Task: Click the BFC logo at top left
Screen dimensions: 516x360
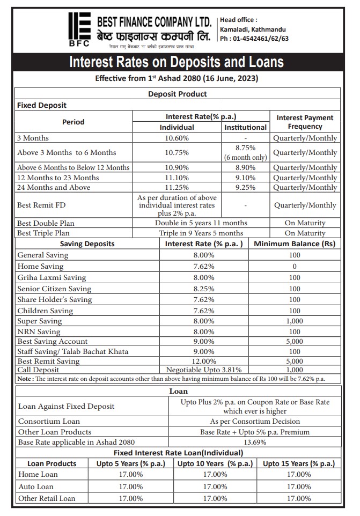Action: (x=79, y=30)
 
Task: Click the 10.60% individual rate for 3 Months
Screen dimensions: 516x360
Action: (x=177, y=138)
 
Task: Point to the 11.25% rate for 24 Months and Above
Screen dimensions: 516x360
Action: (x=177, y=187)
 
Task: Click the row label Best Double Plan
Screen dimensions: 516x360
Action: (x=46, y=223)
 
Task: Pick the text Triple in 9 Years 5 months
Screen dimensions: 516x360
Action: (x=201, y=233)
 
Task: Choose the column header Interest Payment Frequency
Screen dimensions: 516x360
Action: (x=305, y=122)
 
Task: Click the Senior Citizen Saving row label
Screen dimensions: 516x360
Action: (x=54, y=289)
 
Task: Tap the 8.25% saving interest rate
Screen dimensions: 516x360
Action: (x=204, y=289)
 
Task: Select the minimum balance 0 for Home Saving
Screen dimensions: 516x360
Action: (x=295, y=266)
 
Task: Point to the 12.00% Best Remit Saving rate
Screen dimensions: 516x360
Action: (x=204, y=362)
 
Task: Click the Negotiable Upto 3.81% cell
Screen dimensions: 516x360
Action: (x=204, y=370)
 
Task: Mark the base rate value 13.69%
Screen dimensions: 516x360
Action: (x=254, y=442)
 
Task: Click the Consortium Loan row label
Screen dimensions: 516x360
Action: (x=49, y=421)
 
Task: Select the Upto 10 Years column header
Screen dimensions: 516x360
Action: (x=215, y=463)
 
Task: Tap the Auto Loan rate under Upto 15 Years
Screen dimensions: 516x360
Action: (x=299, y=486)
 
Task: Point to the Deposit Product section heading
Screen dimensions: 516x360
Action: (x=178, y=94)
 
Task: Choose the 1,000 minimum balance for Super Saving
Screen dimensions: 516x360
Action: (x=295, y=321)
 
